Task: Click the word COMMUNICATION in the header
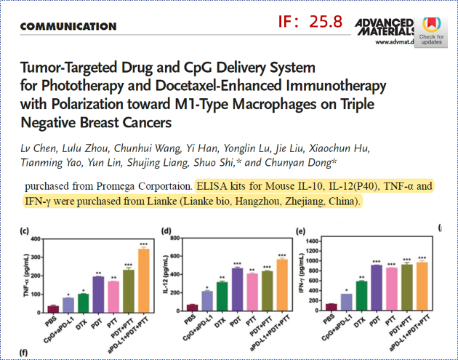pos(69,27)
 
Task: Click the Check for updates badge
pos(431,30)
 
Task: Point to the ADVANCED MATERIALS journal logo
pos(385,28)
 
